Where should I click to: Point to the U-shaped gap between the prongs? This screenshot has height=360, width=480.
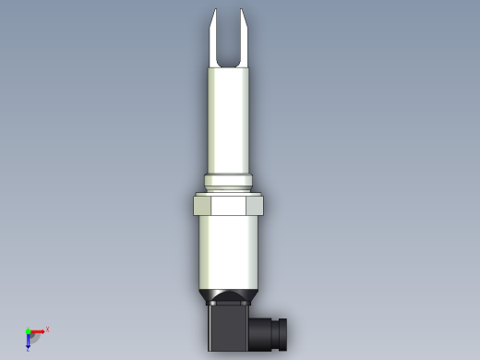[x=229, y=46]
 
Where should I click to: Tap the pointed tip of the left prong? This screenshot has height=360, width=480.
[x=214, y=11]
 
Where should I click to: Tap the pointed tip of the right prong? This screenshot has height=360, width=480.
[x=244, y=11]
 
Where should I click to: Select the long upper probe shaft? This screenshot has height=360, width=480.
[x=229, y=120]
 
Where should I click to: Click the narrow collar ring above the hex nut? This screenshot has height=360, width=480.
[x=229, y=181]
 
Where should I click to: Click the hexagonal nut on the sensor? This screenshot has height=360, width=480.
[x=229, y=204]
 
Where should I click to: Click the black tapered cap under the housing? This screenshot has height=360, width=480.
[x=229, y=297]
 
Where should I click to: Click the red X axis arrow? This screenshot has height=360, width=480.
[x=38, y=330]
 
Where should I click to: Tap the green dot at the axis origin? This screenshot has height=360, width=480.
[x=29, y=330]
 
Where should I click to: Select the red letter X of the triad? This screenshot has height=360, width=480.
[x=47, y=329]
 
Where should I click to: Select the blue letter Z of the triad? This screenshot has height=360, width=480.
[x=29, y=350]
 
